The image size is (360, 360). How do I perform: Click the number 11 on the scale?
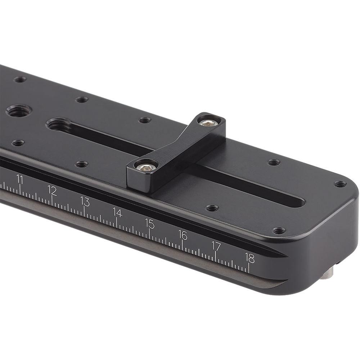click(20, 179)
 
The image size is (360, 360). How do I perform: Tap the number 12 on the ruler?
click(52, 190)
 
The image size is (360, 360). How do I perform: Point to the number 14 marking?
click(117, 212)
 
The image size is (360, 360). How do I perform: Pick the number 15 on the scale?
click(150, 223)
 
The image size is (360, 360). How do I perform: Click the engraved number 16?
click(183, 235)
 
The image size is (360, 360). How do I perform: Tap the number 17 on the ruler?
click(216, 246)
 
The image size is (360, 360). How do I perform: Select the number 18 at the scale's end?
click(249, 258)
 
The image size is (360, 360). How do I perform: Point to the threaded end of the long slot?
click(58, 125)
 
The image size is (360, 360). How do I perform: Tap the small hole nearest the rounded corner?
click(339, 184)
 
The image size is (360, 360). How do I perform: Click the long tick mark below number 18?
click(248, 268)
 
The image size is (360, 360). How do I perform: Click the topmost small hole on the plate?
click(20, 79)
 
